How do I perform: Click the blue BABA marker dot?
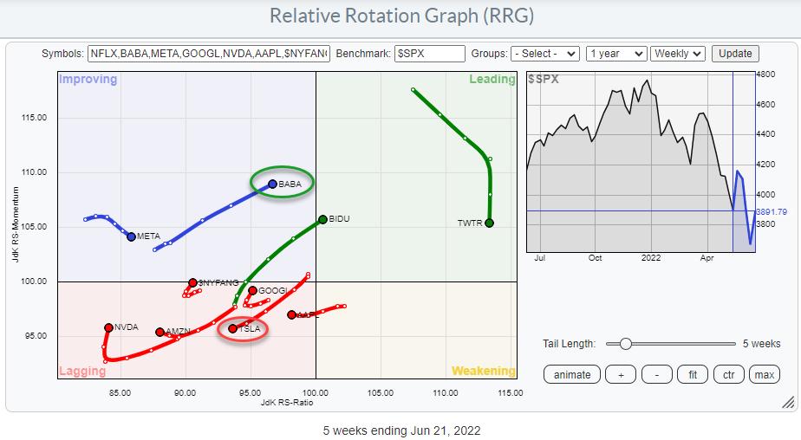coord(272,184)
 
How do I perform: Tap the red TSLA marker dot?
coord(233,328)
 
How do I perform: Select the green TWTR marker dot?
coord(490,223)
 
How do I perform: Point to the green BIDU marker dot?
coord(322,219)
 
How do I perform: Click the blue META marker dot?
coord(131,236)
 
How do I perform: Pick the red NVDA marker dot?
coord(108,327)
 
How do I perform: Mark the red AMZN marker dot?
coord(160,332)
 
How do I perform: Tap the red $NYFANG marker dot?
coord(192,282)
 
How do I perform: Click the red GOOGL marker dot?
coord(252,290)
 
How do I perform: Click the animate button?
coord(572,374)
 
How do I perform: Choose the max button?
coord(764,374)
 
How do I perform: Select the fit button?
coord(693,374)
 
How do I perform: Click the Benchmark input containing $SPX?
coord(430,54)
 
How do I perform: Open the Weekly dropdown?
coord(678,54)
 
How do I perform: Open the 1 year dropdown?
coord(616,54)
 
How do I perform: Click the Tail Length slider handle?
coord(624,344)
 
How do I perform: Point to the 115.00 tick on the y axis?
coord(36,118)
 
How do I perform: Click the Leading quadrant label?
coord(492,80)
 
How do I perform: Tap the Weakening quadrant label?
coord(483,372)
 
